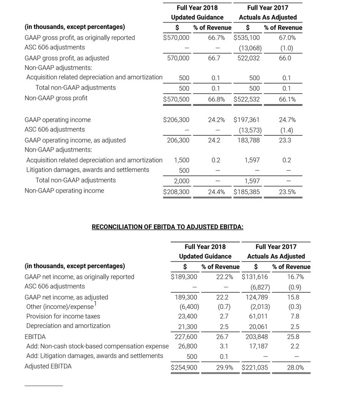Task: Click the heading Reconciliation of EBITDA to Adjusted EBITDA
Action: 167,227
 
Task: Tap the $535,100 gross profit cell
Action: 247,38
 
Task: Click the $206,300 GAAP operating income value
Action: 176,120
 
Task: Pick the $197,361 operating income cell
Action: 247,120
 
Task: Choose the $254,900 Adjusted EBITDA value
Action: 184,367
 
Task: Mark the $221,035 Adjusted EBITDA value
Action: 255,367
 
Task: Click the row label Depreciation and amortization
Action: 68,326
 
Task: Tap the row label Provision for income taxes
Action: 63,316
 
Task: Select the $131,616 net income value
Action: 255,277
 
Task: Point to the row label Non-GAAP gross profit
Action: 56,98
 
